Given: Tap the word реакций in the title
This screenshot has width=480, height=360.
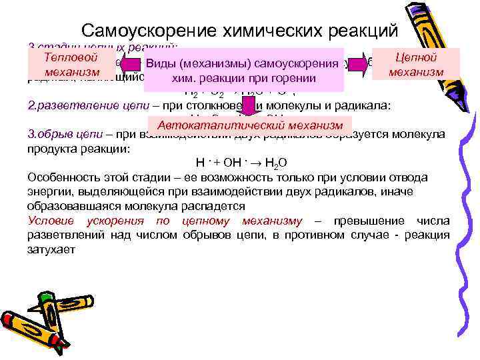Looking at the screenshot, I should pos(359,31).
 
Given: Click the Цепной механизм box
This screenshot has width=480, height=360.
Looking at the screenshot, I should pos(416,64).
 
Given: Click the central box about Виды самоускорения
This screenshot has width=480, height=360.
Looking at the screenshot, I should pos(243,70).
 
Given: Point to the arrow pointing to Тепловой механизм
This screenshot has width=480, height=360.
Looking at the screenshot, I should pos(132,63).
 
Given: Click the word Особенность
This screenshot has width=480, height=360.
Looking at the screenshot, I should pos(60,177).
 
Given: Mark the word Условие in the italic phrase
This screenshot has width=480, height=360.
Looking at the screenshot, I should pos(51,221).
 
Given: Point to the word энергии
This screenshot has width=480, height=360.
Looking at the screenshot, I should pos(47,192).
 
